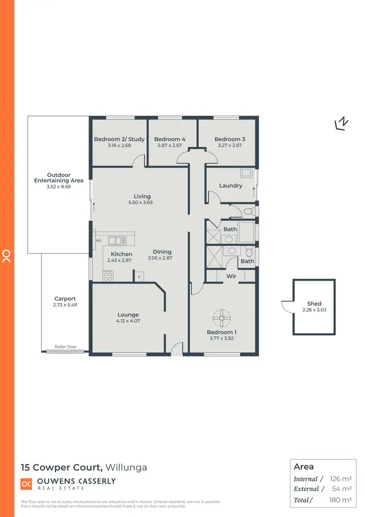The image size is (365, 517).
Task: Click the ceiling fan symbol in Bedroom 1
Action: pyautogui.click(x=222, y=319)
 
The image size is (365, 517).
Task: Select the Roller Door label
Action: pyautogui.click(x=65, y=346)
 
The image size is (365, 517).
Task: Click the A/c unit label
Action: pyautogui.click(x=99, y=240)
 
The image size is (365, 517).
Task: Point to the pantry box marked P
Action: pyautogui.click(x=139, y=276)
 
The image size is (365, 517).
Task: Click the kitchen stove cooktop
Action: pyautogui.click(x=108, y=276)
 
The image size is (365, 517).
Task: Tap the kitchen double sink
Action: pyautogui.click(x=117, y=240)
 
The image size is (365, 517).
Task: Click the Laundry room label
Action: pyautogui.click(x=231, y=186)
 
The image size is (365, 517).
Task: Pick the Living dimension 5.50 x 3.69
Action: pyautogui.click(x=142, y=202)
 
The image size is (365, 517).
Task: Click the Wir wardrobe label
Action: pyautogui.click(x=232, y=276)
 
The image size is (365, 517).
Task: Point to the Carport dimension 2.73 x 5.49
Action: pyautogui.click(x=65, y=305)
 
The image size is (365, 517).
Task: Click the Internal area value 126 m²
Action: pyautogui.click(x=341, y=479)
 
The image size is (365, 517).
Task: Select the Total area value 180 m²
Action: pyautogui.click(x=341, y=499)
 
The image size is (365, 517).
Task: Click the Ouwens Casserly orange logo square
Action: pyautogui.click(x=26, y=483)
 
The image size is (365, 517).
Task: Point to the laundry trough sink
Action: pyautogui.click(x=246, y=172)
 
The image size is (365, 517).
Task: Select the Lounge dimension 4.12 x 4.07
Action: pyautogui.click(x=128, y=321)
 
